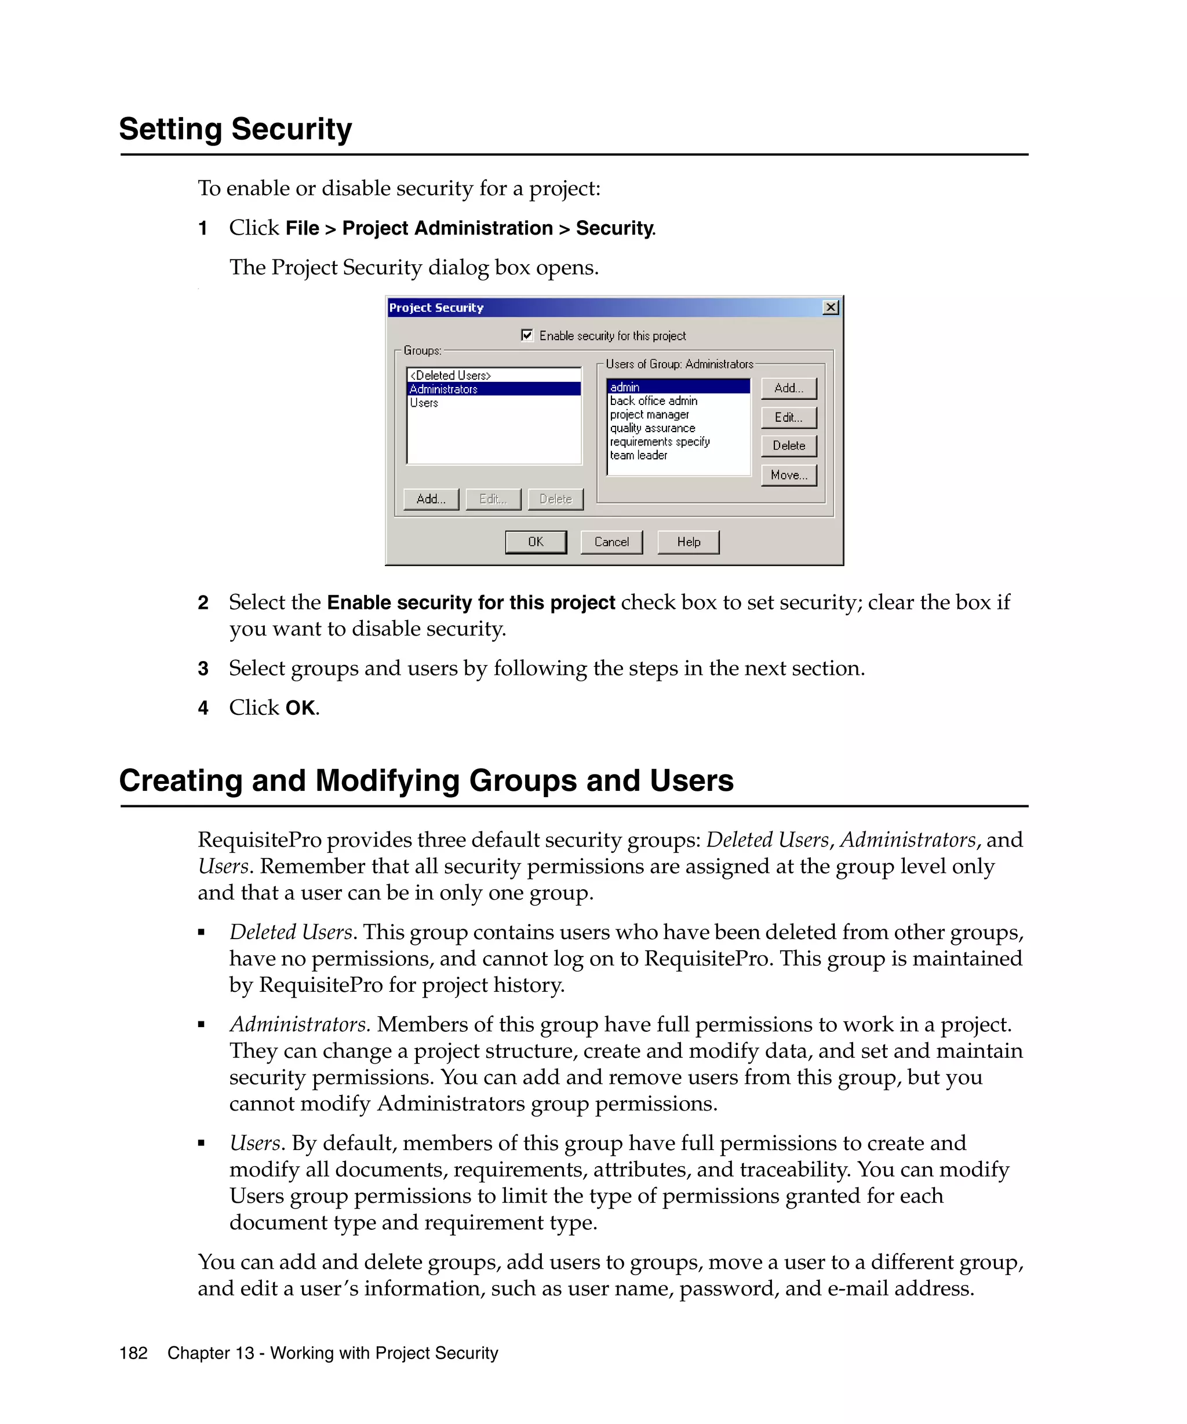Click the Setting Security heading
click(x=235, y=129)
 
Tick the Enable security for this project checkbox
click(x=527, y=335)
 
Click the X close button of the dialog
click(x=830, y=308)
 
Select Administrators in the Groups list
click(x=443, y=389)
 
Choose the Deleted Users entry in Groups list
click(x=450, y=375)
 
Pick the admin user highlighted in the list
click(x=625, y=387)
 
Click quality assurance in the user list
click(x=652, y=429)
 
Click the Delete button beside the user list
click(x=789, y=446)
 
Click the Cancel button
click(x=611, y=542)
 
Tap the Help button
click(x=689, y=542)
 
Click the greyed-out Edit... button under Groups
click(x=493, y=499)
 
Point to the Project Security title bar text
click(x=436, y=308)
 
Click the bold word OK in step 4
click(x=300, y=708)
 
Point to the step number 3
click(x=203, y=669)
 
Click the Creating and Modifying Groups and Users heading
click(x=426, y=780)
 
